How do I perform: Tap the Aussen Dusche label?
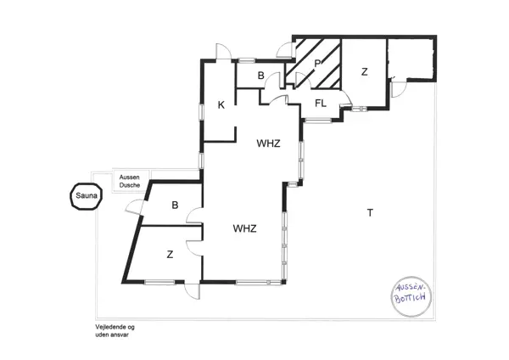(130, 182)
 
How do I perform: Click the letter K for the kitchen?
(221, 105)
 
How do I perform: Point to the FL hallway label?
(321, 104)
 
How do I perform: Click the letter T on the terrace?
(370, 213)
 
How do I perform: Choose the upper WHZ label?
(268, 143)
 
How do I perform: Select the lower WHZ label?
(244, 228)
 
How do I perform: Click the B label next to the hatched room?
(261, 76)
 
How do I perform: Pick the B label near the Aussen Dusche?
(175, 205)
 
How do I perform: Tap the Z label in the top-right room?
(365, 72)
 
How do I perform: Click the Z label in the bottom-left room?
(170, 255)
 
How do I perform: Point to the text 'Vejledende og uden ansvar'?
(115, 331)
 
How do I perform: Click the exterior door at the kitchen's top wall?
(223, 51)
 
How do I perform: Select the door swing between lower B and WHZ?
(194, 216)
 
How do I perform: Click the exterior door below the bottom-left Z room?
(192, 291)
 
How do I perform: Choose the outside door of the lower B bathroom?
(134, 207)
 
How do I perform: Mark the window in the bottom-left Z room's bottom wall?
(159, 283)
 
